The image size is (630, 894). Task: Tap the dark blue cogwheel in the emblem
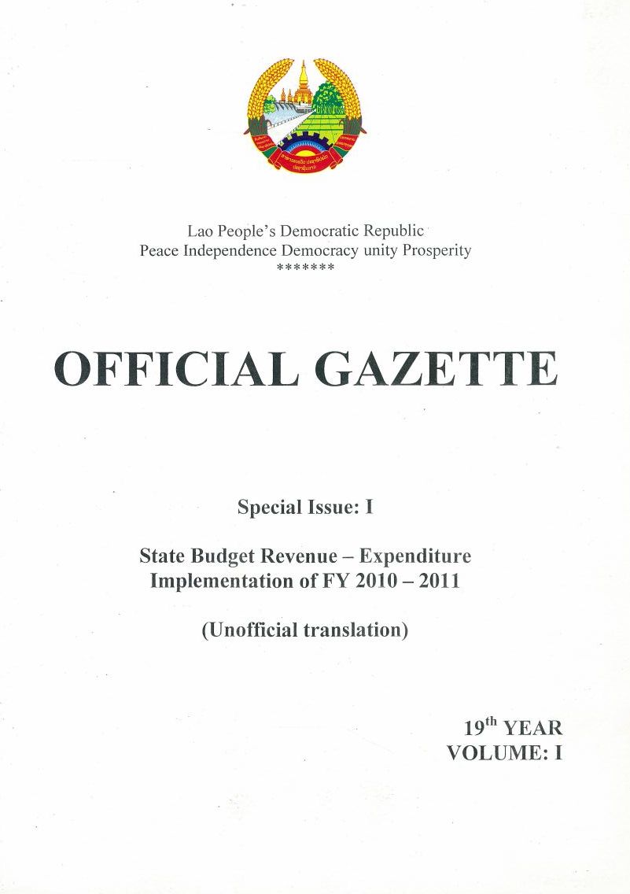304,146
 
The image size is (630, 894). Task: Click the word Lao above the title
200,232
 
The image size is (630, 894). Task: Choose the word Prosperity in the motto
437,251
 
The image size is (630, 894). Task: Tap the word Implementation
208,583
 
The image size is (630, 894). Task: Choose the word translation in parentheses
356,630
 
